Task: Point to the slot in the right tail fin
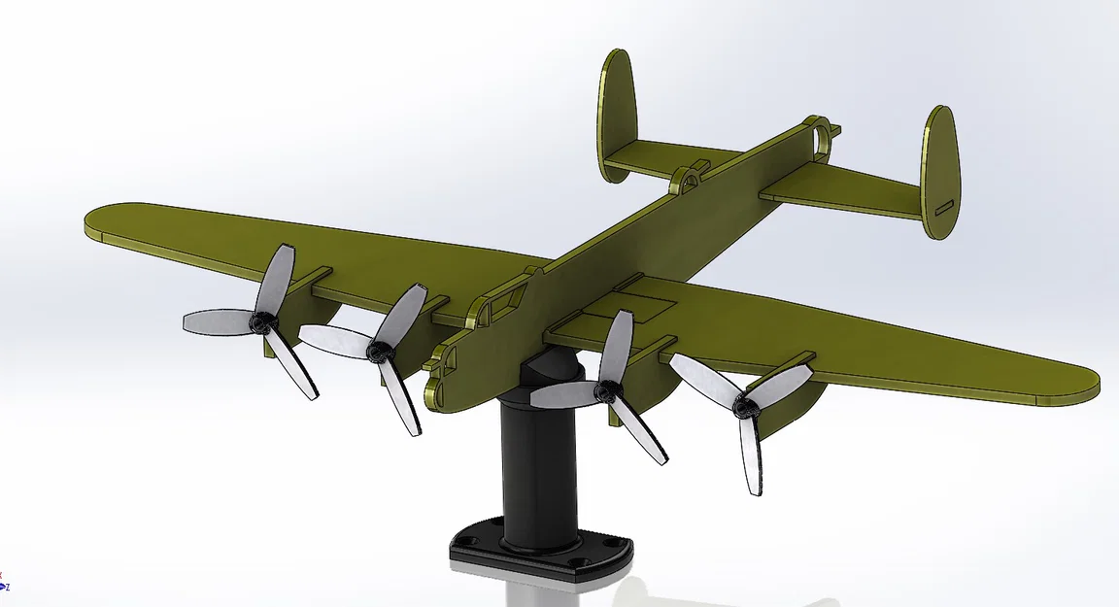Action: click(x=943, y=207)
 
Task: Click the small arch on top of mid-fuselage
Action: click(x=687, y=177)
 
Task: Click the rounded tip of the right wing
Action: click(x=1083, y=388)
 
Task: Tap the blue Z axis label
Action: click(x=8, y=587)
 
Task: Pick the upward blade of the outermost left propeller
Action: click(x=279, y=272)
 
